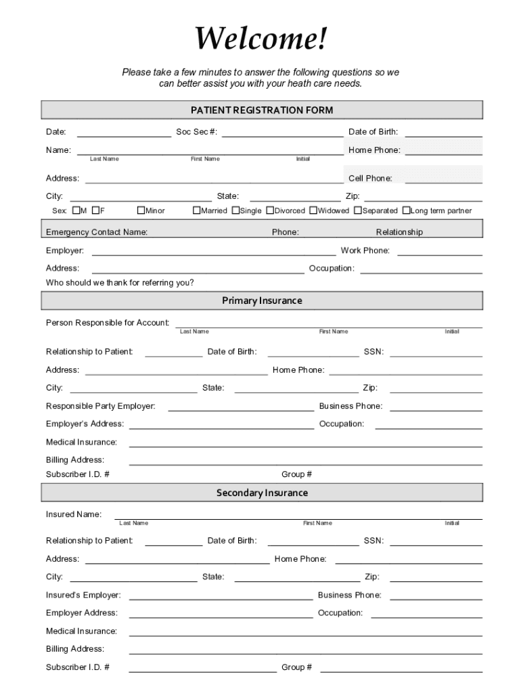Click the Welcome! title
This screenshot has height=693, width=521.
coord(261,39)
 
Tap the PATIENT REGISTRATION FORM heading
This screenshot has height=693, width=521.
coord(262,110)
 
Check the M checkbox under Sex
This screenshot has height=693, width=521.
coord(76,210)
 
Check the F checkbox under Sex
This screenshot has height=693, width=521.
coord(96,210)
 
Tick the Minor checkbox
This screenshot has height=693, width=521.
coord(141,210)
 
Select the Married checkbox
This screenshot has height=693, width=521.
coord(196,210)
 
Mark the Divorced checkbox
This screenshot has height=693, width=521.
coord(270,210)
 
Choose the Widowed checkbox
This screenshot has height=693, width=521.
coord(313,210)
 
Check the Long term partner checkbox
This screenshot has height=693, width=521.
coord(406,210)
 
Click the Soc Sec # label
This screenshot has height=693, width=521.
coord(196,132)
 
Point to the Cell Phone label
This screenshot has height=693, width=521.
coord(370,179)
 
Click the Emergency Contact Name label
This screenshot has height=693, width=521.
coord(97,232)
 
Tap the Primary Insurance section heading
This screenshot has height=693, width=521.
coord(262,300)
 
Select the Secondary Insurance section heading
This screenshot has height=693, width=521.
coord(262,493)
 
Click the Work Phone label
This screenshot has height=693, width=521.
coord(365,250)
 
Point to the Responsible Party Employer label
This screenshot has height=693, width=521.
coord(100,406)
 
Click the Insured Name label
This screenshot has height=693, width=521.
coord(74,514)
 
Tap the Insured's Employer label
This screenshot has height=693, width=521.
coord(83,595)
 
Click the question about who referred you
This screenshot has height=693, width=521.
coord(120,283)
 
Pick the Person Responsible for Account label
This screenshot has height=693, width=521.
coord(108,322)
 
